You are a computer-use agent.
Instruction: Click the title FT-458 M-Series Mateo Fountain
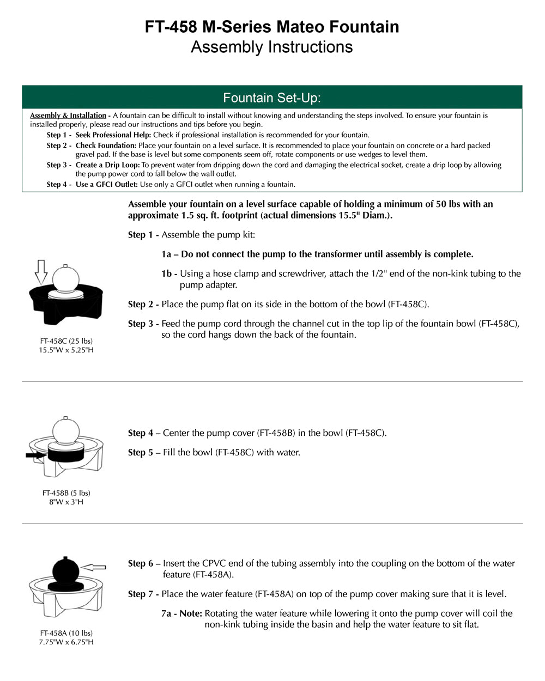point(272,27)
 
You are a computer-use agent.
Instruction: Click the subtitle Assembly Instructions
point(272,47)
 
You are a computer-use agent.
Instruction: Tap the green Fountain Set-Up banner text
point(272,98)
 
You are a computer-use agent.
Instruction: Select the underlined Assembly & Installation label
point(68,115)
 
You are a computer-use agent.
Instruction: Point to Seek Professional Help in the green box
point(113,135)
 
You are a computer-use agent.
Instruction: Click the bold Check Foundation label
point(106,145)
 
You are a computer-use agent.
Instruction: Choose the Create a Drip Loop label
point(107,165)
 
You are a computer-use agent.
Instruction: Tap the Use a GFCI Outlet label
point(107,185)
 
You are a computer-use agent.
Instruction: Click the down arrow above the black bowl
point(41,271)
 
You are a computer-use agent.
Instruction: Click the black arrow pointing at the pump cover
point(36,454)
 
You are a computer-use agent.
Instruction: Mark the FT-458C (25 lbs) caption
point(66,341)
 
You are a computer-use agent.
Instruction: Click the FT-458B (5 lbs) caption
point(66,493)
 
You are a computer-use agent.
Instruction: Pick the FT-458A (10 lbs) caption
point(66,633)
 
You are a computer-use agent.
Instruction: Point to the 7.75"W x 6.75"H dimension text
point(66,642)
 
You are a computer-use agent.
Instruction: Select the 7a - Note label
point(181,613)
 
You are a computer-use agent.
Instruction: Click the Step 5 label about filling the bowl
point(144,453)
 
